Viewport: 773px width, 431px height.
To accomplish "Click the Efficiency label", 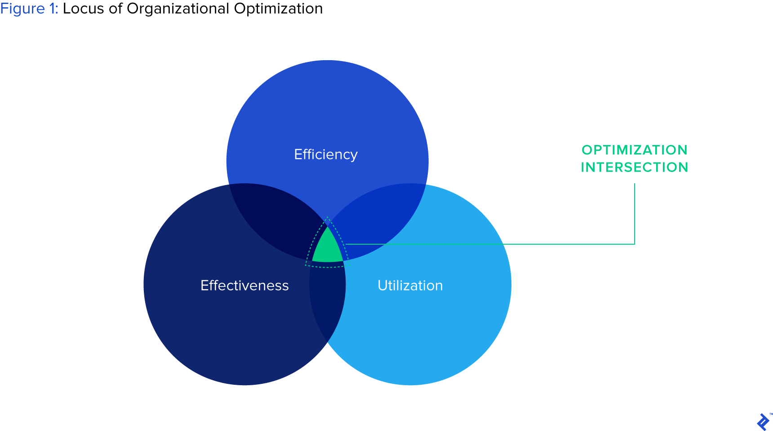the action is (x=326, y=154).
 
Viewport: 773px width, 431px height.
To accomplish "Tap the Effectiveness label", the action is (x=244, y=286).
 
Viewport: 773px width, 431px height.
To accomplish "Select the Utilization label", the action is (x=410, y=286).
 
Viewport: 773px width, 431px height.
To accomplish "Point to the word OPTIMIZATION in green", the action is (x=635, y=150).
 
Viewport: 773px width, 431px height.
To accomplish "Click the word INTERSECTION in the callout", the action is (x=635, y=167).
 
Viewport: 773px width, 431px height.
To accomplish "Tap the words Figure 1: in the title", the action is (x=29, y=9).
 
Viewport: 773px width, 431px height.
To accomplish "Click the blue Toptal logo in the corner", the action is (x=763, y=422).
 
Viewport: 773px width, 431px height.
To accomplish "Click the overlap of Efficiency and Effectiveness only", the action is (x=274, y=220).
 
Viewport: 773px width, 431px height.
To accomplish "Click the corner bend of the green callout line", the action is (x=635, y=244).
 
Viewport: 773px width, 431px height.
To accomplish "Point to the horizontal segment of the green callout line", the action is (x=490, y=244).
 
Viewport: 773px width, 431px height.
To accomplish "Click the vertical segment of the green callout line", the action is (x=635, y=214).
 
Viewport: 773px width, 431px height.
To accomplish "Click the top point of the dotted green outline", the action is (x=327, y=217).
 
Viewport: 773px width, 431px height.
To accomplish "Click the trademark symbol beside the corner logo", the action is (x=771, y=414).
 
